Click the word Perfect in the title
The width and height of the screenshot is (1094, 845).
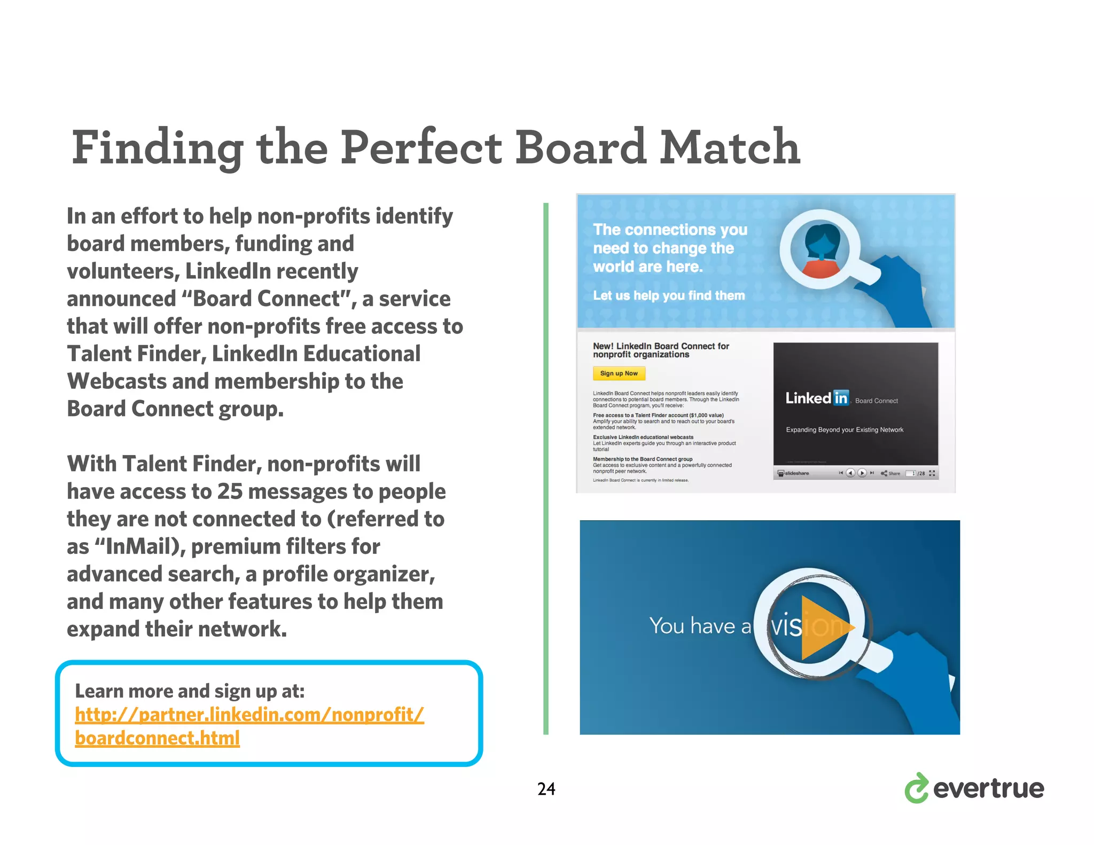click(421, 147)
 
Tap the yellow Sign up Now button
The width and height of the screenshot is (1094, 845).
click(619, 373)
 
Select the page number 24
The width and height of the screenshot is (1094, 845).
click(546, 789)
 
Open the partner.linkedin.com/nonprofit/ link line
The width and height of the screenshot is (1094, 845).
click(249, 715)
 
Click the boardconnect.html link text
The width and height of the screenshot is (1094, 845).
click(157, 738)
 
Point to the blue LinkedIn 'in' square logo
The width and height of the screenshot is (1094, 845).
click(841, 398)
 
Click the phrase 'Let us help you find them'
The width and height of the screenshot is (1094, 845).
click(668, 295)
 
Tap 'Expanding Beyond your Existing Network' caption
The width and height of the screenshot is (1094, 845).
click(844, 430)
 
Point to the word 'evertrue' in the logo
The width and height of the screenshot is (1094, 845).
click(988, 789)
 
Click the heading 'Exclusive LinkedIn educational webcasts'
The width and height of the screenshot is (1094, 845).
click(643, 437)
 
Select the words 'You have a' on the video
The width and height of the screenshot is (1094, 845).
click(700, 625)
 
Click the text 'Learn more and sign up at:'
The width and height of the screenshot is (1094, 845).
click(190, 691)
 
